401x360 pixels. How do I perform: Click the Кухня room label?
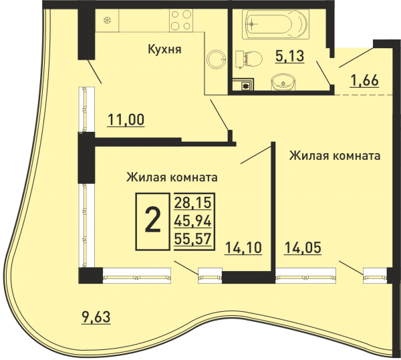point(164,50)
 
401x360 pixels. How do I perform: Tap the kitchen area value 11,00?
point(126,120)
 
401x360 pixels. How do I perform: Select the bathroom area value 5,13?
point(290,56)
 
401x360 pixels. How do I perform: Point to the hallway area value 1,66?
point(365,80)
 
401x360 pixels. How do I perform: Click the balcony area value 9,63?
point(96,317)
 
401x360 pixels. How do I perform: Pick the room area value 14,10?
point(243,248)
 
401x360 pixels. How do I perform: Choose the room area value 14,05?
point(303,248)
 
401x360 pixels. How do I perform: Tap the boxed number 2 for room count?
point(152,221)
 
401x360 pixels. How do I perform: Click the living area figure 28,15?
point(193,202)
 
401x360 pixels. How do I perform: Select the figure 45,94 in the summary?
point(193,221)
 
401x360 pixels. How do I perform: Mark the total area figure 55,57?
point(193,239)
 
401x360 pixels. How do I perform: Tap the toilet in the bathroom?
point(249,58)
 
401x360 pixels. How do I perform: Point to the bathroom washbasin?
point(283,82)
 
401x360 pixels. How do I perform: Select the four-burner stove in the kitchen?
point(181,21)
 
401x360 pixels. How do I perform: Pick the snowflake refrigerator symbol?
point(107,21)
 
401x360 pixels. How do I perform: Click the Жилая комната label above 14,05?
point(335,155)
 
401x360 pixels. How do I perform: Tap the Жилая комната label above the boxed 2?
point(172,177)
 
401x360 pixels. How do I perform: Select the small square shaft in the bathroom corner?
point(243,84)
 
